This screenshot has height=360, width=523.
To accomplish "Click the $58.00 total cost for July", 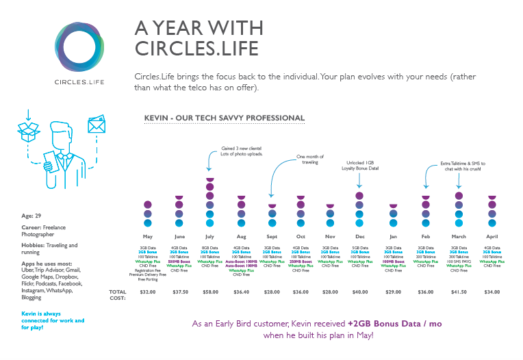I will tap(210, 292).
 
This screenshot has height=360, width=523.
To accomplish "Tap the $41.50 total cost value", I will tap(459, 292).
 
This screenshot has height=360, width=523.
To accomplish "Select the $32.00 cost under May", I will tap(148, 292).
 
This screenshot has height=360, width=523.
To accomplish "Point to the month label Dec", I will tap(360, 235).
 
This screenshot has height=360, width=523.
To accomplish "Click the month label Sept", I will tap(272, 235).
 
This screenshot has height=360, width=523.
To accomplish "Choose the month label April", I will tap(491, 235).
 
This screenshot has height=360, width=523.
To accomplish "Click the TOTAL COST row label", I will tap(118, 295).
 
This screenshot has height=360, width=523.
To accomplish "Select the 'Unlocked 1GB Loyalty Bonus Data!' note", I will tap(360, 165).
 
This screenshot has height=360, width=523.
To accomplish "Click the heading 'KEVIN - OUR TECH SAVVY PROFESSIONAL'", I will tap(225, 118).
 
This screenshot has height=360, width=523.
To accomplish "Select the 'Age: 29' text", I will tap(31, 216).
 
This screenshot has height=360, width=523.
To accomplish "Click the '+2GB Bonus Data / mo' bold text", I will tap(392, 323).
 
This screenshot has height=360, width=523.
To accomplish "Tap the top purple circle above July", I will tap(210, 180).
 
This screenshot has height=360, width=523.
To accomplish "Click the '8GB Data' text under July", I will tap(210, 248).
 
